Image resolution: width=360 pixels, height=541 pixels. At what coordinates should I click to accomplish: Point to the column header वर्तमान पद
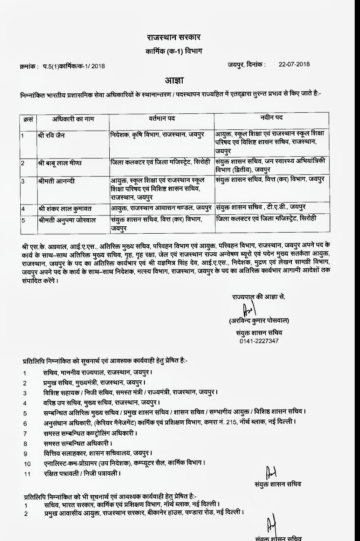click(161, 119)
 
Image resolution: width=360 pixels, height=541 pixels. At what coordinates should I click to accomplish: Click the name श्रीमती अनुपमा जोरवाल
click(66, 220)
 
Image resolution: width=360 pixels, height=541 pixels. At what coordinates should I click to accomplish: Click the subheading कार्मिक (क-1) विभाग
click(174, 52)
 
